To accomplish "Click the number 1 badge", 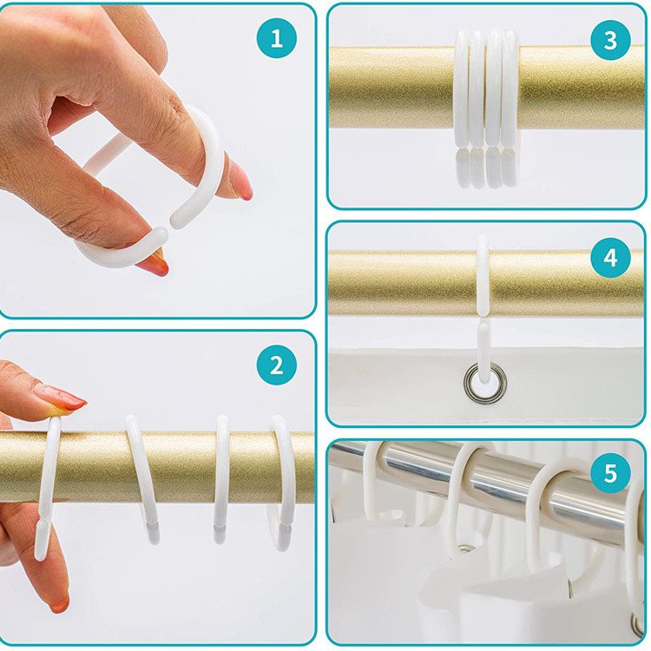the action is (277, 38).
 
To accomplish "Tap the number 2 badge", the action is (277, 365).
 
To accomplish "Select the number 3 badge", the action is (610, 40).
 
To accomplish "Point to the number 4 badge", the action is (610, 258).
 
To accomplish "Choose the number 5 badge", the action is (610, 472).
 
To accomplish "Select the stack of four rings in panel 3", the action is (485, 108).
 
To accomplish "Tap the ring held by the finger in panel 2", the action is (47, 490).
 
